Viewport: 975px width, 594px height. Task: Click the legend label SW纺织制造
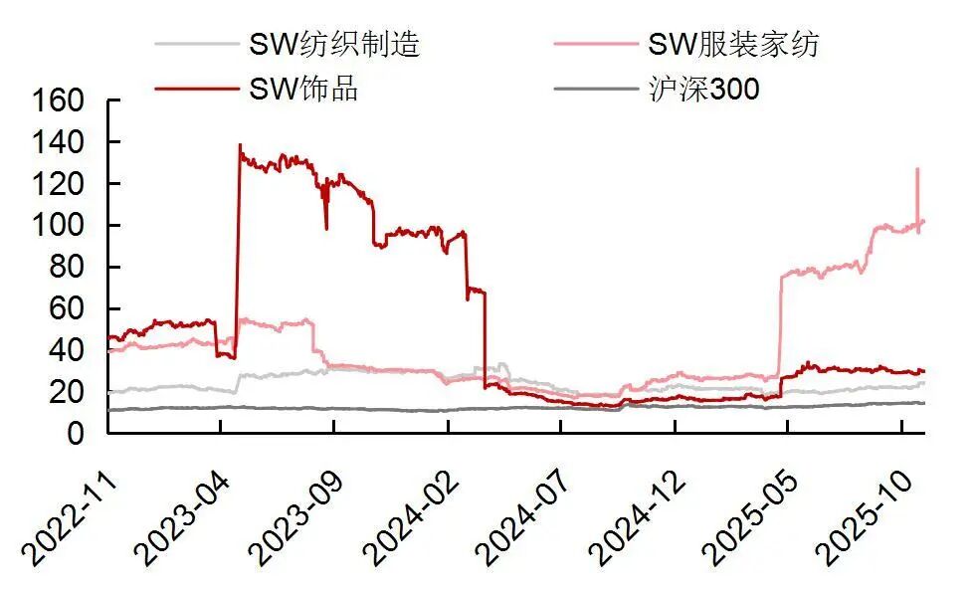tap(334, 44)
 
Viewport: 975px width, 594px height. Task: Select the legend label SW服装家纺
tap(734, 44)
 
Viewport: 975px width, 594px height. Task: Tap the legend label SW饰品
tap(302, 89)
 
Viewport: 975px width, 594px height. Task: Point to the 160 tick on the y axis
tap(60, 101)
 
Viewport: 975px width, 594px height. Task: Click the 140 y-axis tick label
tap(60, 143)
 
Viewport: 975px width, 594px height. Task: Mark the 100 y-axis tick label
tap(60, 226)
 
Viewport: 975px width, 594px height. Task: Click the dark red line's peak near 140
tap(240, 145)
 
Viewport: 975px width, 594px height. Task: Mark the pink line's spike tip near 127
tap(917, 169)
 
